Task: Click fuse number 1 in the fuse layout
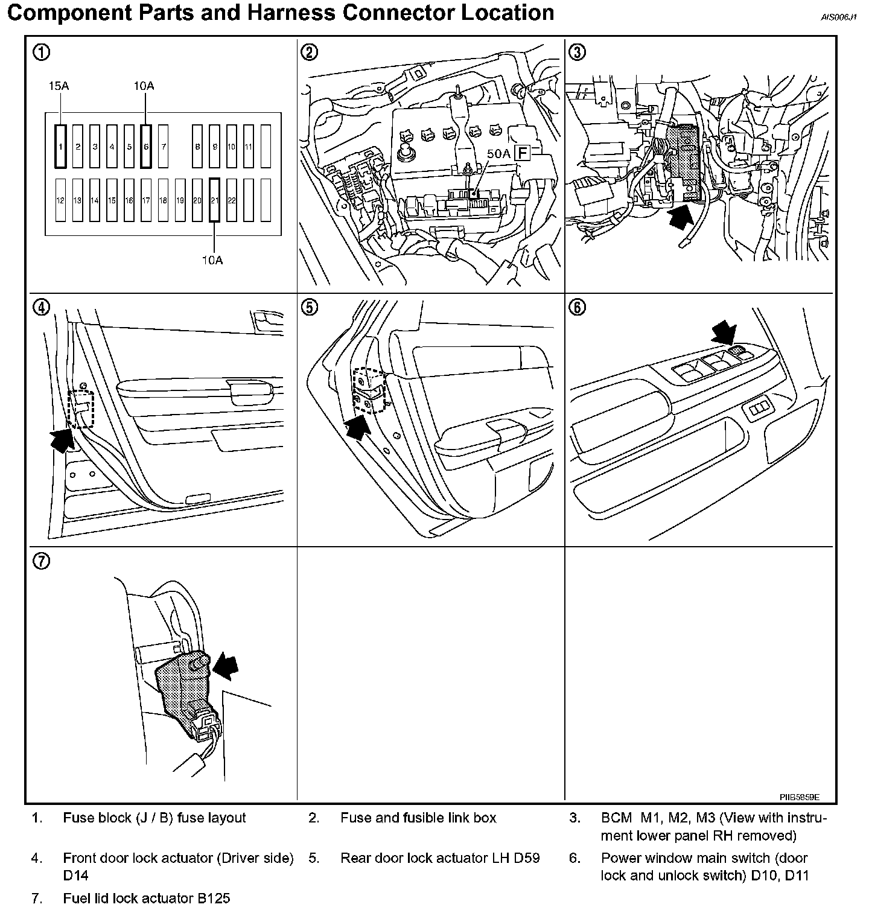tap(60, 146)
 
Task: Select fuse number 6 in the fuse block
tap(145, 146)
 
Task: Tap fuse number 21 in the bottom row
tap(214, 200)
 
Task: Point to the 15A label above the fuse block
tap(59, 86)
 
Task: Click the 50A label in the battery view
tap(498, 154)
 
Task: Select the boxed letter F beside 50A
tap(521, 153)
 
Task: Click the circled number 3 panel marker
tap(578, 52)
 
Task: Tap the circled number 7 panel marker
tap(41, 561)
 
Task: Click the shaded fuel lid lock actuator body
tap(182, 685)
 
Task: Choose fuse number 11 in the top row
tap(249, 146)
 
